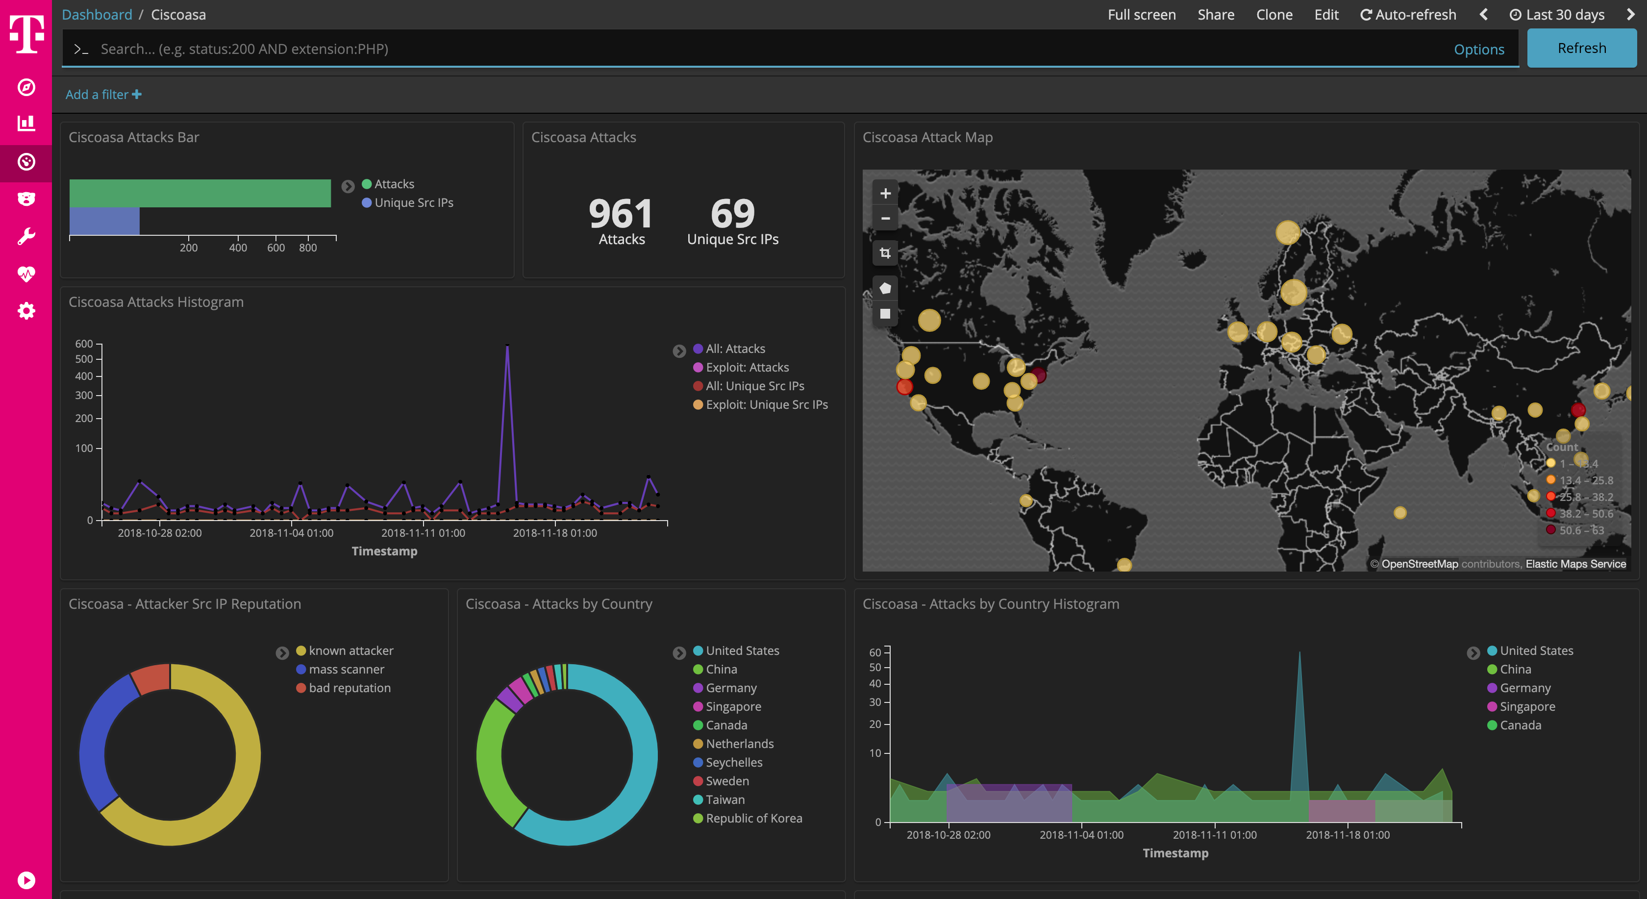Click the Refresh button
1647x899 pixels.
pos(1581,49)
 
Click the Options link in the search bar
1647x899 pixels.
pos(1478,49)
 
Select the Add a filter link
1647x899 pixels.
pos(103,95)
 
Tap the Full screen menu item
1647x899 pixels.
pos(1141,15)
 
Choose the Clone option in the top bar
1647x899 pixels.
pos(1273,15)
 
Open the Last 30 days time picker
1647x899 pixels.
pos(1557,15)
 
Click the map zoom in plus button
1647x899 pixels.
pos(885,193)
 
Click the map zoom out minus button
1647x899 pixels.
pos(885,219)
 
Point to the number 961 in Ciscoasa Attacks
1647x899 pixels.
pos(620,214)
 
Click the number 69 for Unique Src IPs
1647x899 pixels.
pos(733,214)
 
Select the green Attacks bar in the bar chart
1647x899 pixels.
pos(200,193)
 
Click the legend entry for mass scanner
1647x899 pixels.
pos(346,670)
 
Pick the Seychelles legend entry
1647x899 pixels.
pos(733,762)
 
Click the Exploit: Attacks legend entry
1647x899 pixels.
pos(747,368)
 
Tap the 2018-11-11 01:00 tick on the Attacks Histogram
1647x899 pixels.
pos(423,533)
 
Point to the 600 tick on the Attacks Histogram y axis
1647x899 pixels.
pos(84,344)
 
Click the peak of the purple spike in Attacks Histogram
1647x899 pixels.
pos(507,346)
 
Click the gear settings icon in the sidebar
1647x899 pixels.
pos(26,311)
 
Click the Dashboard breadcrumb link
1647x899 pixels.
pos(97,15)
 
